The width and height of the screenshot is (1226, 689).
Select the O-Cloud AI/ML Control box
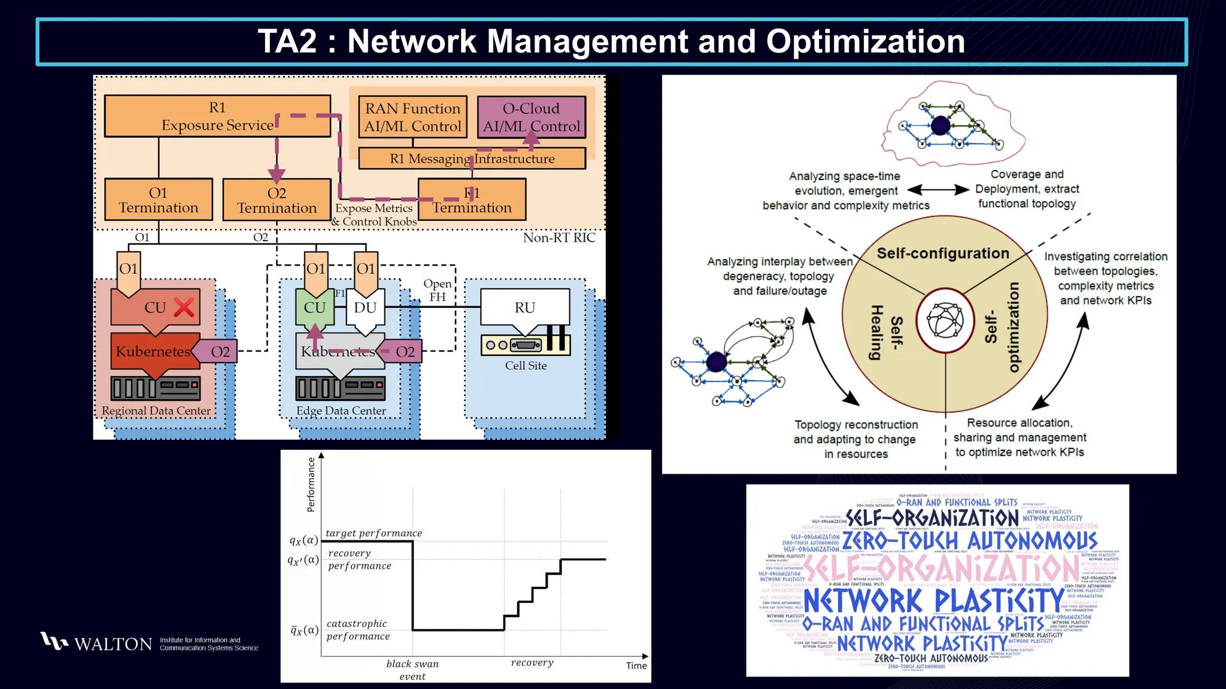tap(531, 117)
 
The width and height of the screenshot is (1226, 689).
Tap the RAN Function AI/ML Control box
tap(412, 117)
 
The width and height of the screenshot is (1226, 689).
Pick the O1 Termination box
tap(158, 200)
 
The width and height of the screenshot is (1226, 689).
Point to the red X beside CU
tap(184, 307)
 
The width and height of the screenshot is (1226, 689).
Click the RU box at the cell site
tap(524, 307)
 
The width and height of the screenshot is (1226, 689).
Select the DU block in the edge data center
tap(365, 307)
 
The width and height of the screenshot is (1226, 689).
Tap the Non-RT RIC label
tap(559, 237)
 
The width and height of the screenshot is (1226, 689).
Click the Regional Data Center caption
tap(156, 411)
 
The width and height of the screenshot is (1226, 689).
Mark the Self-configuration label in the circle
tap(943, 253)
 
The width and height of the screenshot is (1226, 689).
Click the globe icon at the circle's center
tap(945, 321)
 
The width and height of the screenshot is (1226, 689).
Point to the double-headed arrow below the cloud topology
tap(938, 190)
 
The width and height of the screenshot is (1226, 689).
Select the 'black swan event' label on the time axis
tap(412, 670)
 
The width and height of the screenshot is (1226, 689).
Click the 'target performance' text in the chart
tap(374, 533)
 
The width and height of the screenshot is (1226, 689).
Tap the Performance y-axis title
tap(311, 484)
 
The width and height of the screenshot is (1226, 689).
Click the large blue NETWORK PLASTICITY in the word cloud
tap(933, 600)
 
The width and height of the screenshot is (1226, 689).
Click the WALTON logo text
tap(113, 644)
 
